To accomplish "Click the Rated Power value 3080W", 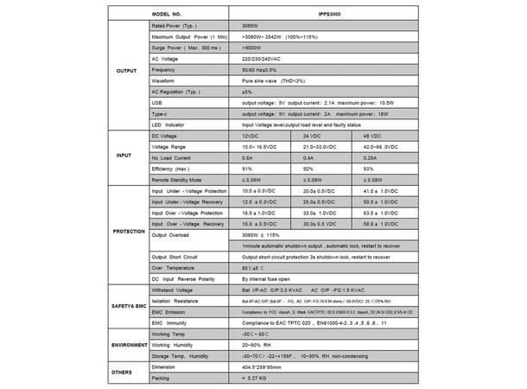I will coord(251,26).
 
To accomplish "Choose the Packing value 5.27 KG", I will coord(259,377).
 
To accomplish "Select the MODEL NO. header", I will coord(170,16).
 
